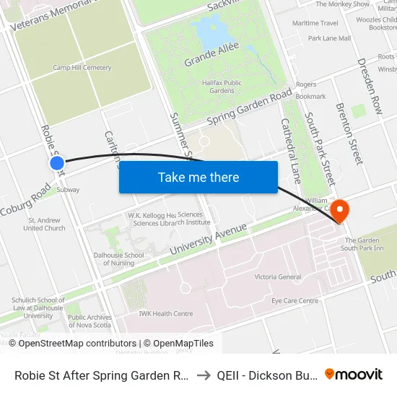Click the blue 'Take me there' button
point(198,177)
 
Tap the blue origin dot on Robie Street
point(57,164)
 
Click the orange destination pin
point(339,211)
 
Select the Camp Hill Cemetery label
point(82,68)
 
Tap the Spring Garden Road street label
point(248,107)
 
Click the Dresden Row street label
point(369,87)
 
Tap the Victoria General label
point(278,276)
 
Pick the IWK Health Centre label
point(166,313)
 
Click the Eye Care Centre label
point(295,300)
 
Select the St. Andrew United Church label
point(44,224)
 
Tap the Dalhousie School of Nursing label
point(118,259)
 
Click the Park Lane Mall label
point(329,38)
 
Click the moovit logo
point(353,374)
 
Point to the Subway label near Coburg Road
point(68,190)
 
